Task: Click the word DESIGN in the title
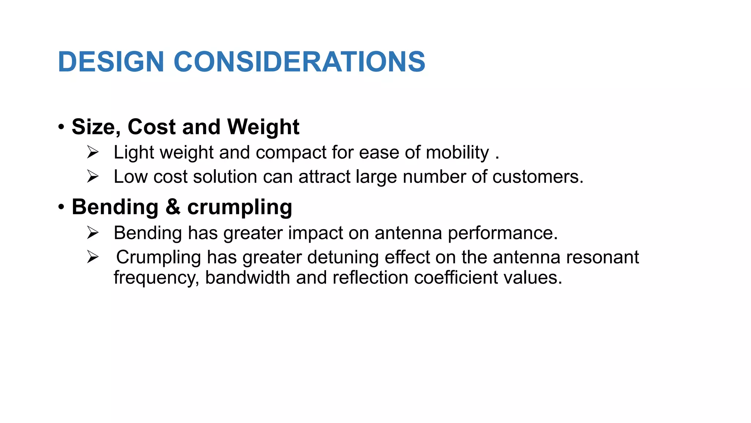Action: click(x=111, y=62)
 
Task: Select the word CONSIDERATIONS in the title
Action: click(x=299, y=62)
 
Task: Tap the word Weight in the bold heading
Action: click(x=263, y=127)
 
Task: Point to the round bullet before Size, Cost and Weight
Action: click(x=61, y=127)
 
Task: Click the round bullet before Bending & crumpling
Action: click(x=61, y=207)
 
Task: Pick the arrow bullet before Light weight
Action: click(x=93, y=152)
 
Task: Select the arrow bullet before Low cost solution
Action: click(x=93, y=177)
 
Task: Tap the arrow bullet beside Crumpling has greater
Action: click(x=93, y=257)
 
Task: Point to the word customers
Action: click(x=537, y=177)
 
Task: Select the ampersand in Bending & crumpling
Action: click(x=173, y=207)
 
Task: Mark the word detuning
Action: click(x=343, y=257)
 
